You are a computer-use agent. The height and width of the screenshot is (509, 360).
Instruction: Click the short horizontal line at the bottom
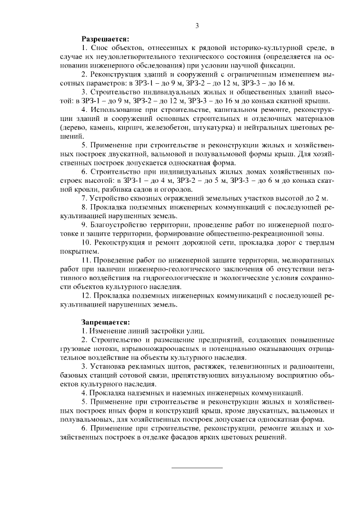pyautogui.click(x=197, y=467)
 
